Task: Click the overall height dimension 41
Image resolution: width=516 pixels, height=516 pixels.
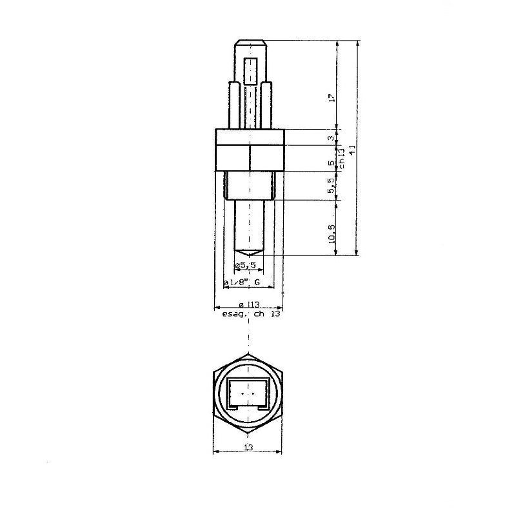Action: pos(352,150)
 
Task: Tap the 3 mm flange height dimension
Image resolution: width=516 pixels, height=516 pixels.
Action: pos(331,138)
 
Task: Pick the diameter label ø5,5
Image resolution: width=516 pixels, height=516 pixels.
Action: pos(246,266)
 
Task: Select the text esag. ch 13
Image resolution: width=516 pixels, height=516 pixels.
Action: pos(251,315)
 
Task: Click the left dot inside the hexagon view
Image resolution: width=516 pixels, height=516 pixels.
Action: pos(242,393)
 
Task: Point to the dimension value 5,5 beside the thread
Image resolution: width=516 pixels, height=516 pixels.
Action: pos(332,186)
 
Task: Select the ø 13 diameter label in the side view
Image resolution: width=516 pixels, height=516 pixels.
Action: pos(249,304)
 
